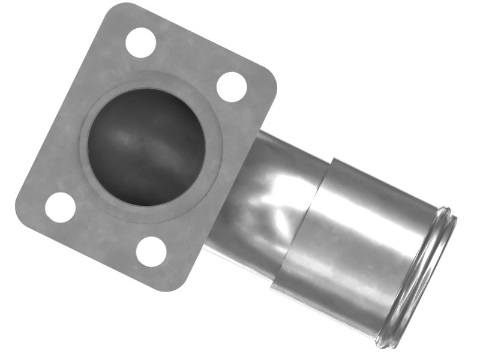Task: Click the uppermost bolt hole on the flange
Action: coord(141,43)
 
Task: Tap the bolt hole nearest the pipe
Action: coord(231,86)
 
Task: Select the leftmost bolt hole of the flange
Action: coord(60,208)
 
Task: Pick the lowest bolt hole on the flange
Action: coord(151,251)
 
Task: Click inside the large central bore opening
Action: coord(146,147)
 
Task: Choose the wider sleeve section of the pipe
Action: coord(354,240)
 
